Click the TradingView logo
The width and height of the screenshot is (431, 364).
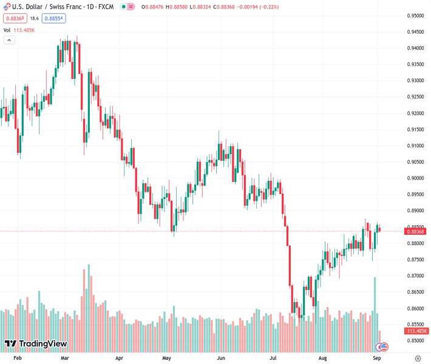point(35,344)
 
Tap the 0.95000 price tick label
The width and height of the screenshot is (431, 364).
point(415,16)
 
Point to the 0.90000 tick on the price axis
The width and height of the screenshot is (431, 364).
point(415,178)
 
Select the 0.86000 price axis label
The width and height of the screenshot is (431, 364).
point(415,308)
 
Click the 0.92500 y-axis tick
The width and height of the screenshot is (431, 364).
point(415,97)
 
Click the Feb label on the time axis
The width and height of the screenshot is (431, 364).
point(17,359)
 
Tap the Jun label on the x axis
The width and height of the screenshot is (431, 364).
point(221,359)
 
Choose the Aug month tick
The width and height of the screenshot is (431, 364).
point(323,359)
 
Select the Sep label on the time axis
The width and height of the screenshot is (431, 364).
point(376,359)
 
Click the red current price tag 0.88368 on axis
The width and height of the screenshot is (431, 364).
point(416,231)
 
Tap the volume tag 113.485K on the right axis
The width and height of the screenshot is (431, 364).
point(416,331)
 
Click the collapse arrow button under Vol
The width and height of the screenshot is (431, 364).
point(9,40)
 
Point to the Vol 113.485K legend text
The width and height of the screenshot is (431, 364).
point(19,30)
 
